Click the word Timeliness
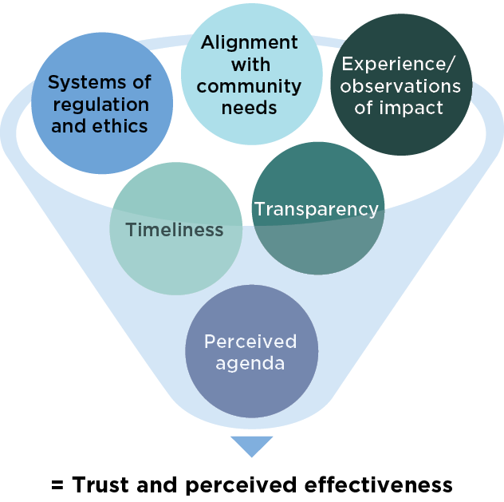pos(175,230)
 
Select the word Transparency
pos(316,209)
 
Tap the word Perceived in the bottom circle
pos(250,342)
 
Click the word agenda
pos(250,363)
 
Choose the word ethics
pos(124,126)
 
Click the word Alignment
pos(250,42)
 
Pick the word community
pos(250,86)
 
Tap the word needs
pos(250,108)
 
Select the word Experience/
pos(400,65)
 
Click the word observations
pos(400,86)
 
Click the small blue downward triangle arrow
pos(251,445)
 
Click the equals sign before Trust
pos(57,485)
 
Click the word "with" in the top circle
pos(250,65)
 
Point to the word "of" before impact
pos(364,108)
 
